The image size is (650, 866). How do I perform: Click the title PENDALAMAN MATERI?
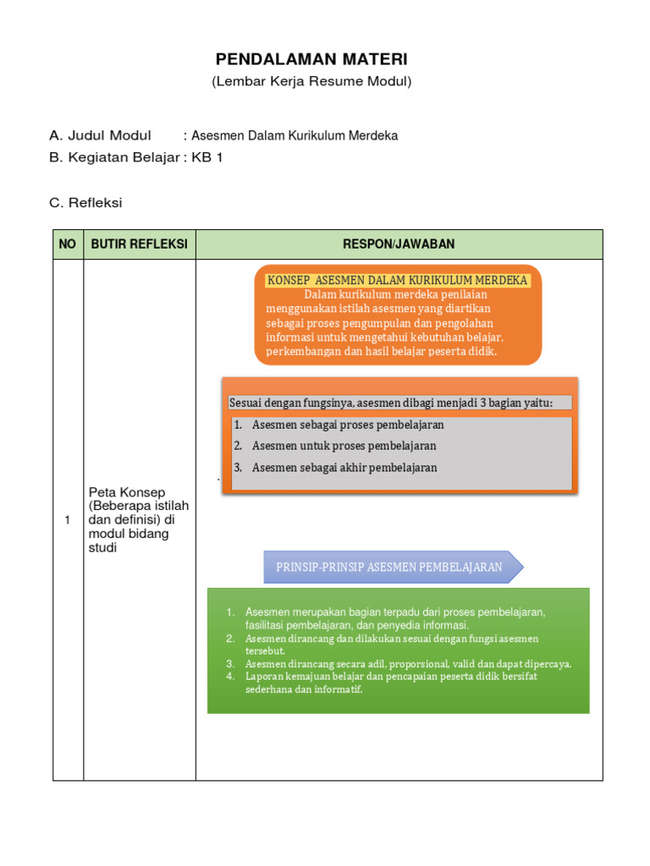click(x=311, y=59)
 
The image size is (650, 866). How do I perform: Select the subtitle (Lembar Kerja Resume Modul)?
click(x=311, y=82)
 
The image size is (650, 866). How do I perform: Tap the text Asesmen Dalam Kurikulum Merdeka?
click(x=295, y=135)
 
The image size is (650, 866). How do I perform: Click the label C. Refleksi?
click(x=86, y=203)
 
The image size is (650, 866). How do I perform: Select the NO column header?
click(x=68, y=244)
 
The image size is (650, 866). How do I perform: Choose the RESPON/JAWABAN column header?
click(x=399, y=244)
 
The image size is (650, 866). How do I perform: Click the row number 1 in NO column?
click(x=68, y=520)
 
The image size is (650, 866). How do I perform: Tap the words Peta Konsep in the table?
click(x=127, y=492)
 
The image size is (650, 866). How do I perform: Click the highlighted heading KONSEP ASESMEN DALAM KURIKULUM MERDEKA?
click(x=398, y=280)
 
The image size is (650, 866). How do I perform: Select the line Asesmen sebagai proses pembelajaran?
click(x=348, y=425)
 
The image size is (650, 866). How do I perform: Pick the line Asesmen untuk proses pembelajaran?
click(x=344, y=446)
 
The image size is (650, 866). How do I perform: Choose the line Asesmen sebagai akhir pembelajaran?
click(x=344, y=468)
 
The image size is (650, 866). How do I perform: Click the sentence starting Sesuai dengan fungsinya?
click(x=391, y=403)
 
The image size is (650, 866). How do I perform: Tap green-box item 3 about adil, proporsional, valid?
click(x=408, y=664)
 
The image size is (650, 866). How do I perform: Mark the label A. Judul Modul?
click(x=100, y=135)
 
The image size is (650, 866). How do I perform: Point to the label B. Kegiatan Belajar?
click(x=114, y=157)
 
